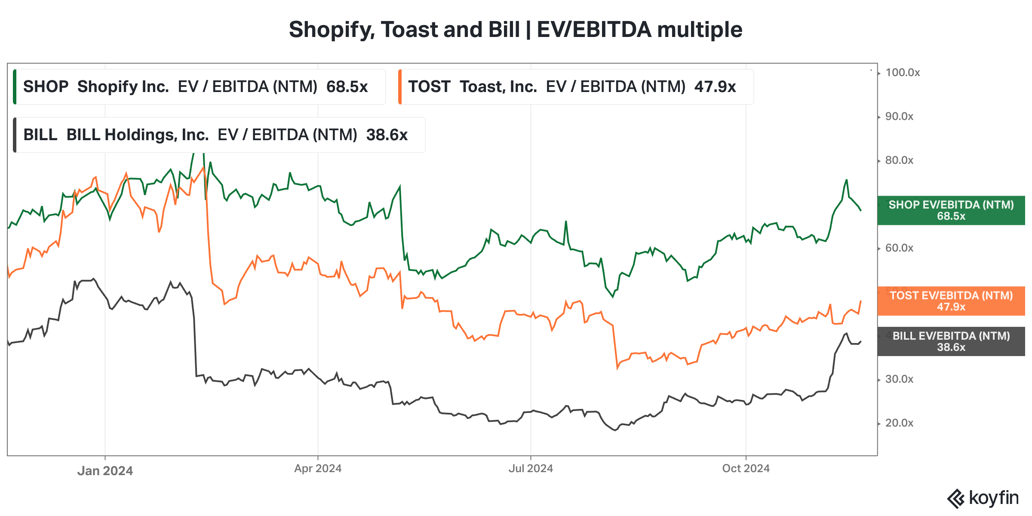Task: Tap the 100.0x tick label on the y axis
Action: (x=902, y=73)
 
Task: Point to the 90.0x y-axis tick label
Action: (x=899, y=117)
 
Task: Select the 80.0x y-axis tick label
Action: (x=899, y=160)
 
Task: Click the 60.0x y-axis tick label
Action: (x=899, y=248)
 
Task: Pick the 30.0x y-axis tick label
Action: (x=899, y=379)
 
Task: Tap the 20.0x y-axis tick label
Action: (x=899, y=423)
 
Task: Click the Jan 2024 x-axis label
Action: (x=105, y=471)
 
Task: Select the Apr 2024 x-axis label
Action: (x=318, y=469)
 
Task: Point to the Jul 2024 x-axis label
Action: (x=531, y=469)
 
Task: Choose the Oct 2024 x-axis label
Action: (x=746, y=469)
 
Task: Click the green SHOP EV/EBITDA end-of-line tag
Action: (x=951, y=210)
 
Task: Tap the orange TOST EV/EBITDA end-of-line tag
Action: (x=951, y=301)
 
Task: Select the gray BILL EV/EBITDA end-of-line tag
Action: (x=951, y=341)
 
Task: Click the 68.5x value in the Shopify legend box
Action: (x=347, y=87)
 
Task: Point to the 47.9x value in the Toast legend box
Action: (x=715, y=87)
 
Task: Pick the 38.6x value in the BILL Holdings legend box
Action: (x=387, y=135)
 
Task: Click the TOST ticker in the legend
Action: (x=429, y=87)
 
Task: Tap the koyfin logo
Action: (x=983, y=498)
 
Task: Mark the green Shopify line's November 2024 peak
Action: (x=846, y=180)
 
